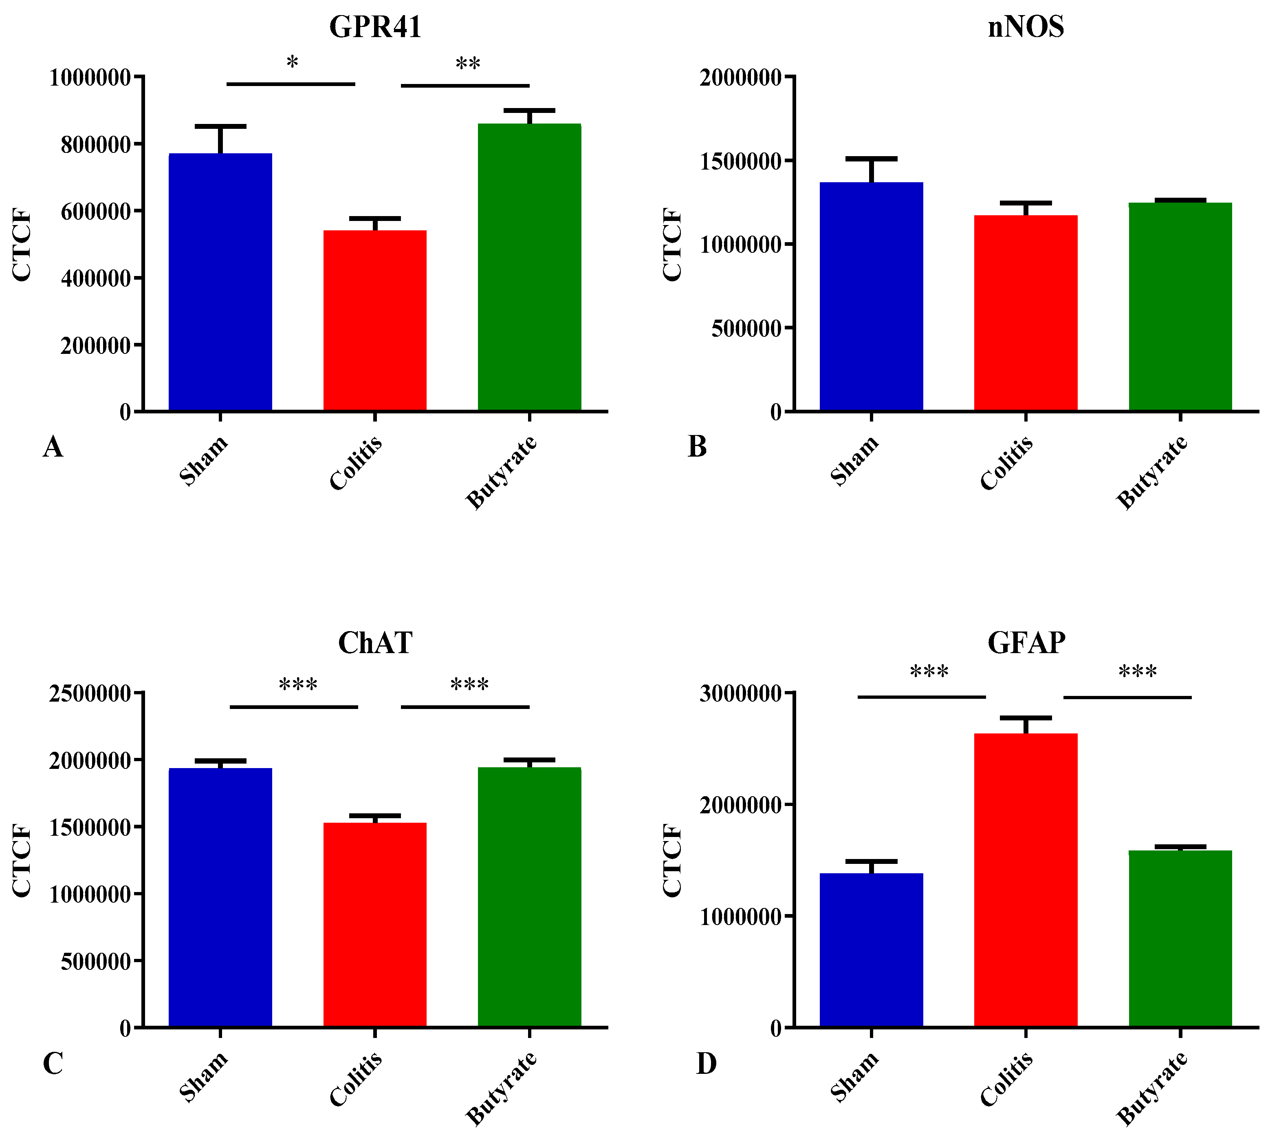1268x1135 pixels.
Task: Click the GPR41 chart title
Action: (375, 27)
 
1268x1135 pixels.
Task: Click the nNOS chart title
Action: (1026, 27)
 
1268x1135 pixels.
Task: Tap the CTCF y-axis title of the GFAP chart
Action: (672, 861)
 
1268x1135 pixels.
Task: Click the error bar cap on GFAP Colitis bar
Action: (1026, 718)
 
